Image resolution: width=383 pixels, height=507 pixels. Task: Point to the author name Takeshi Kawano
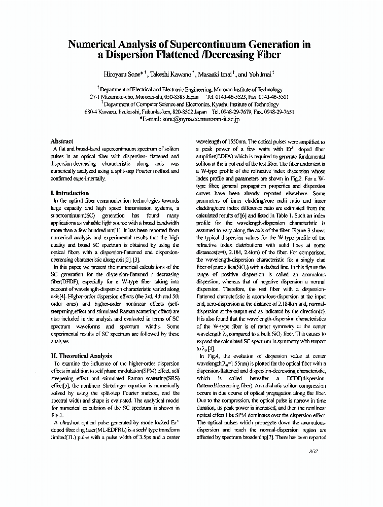[170, 74]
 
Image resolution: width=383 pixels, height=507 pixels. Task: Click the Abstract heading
[62, 141]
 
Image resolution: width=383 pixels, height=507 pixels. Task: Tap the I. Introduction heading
[69, 193]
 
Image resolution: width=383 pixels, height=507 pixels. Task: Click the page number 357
[314, 452]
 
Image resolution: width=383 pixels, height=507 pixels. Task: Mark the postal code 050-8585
[172, 96]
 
